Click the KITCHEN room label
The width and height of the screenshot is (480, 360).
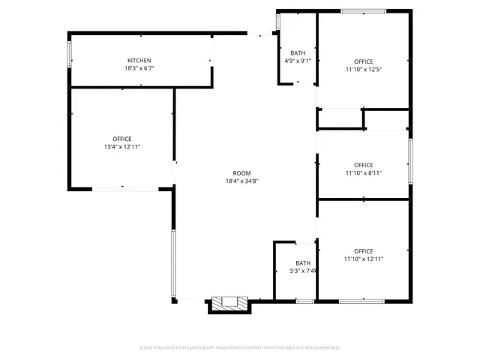[139, 61]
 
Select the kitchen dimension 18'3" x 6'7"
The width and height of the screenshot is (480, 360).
[139, 68]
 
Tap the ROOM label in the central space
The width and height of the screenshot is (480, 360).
[241, 173]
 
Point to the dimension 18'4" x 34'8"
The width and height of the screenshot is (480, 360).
[241, 181]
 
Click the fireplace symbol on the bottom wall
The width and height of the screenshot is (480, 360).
[229, 303]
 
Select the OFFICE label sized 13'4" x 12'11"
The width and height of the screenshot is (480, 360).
[121, 139]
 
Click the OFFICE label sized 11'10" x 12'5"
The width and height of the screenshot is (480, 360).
[364, 61]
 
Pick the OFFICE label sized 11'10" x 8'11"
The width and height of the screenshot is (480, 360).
[364, 165]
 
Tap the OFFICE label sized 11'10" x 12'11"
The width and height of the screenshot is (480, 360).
[364, 251]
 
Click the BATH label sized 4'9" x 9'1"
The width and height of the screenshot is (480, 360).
[298, 53]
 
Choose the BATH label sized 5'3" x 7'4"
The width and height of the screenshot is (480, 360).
[303, 263]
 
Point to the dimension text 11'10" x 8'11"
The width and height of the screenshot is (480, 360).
[364, 173]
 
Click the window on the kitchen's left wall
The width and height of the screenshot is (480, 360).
[70, 52]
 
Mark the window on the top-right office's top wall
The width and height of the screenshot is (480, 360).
[363, 10]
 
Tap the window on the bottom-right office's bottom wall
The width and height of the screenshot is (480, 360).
[362, 301]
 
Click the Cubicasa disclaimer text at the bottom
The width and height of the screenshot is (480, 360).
[240, 347]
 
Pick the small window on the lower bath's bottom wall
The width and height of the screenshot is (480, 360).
[304, 301]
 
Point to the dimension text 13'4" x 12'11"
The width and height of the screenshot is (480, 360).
[121, 147]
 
